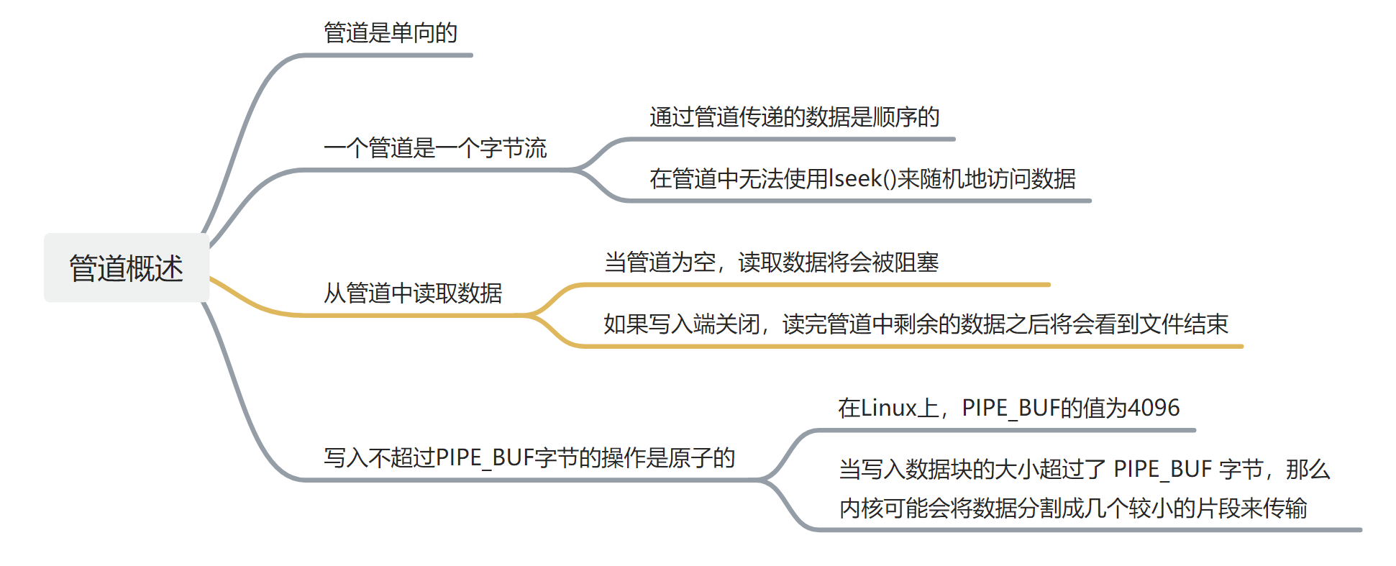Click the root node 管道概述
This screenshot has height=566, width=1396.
point(127,268)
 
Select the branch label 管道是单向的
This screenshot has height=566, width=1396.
point(391,33)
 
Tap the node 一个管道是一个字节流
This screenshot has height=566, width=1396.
point(435,149)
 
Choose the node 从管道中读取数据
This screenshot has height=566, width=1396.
point(413,293)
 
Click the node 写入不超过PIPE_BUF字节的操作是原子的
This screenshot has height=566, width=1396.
point(529,458)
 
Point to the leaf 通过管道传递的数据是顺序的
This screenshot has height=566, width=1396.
point(794,117)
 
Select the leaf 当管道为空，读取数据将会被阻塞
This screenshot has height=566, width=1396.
point(771,263)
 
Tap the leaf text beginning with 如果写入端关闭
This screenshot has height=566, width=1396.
point(916,324)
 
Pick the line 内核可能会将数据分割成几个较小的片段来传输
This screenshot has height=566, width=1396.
point(1072,508)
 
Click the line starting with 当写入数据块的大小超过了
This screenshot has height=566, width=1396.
point(1085,470)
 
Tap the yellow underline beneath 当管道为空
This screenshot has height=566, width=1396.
point(813,285)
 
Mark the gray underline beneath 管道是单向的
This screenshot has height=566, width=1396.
point(388,55)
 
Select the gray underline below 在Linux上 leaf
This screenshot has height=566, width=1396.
point(1007,430)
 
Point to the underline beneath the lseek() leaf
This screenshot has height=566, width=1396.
point(856,201)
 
